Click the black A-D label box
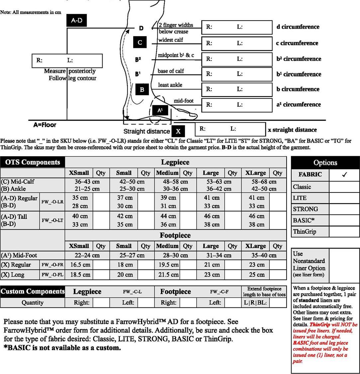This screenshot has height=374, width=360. pyautogui.click(x=76, y=21)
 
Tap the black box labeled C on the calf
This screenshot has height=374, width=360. pyautogui.click(x=140, y=43)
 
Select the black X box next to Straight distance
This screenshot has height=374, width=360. pyautogui.click(x=178, y=131)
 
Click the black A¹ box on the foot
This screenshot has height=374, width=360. pyautogui.click(x=160, y=110)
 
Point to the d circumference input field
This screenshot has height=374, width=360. pyautogui.click(x=237, y=27)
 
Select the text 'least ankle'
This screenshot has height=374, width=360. pyautogui.click(x=170, y=85)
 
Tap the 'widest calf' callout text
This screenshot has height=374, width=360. pyautogui.click(x=170, y=40)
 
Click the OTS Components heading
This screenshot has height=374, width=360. pyautogui.click(x=33, y=162)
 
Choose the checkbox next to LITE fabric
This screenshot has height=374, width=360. pyautogui.click(x=344, y=198)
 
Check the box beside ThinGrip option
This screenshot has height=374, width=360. pyautogui.click(x=344, y=232)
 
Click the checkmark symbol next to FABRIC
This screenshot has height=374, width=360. pyautogui.click(x=344, y=175)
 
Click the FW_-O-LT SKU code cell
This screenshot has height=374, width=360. pyautogui.click(x=52, y=220)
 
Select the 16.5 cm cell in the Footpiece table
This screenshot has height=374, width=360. pyautogui.click(x=79, y=265)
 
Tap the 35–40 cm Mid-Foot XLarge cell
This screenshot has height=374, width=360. pyautogui.click(x=261, y=255)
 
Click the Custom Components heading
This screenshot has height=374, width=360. pyautogui.click(x=33, y=292)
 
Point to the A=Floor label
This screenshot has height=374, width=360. pyautogui.click(x=45, y=125)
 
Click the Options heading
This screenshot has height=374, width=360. pyautogui.click(x=325, y=163)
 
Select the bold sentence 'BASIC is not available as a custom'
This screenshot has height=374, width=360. pyautogui.click(x=62, y=348)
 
